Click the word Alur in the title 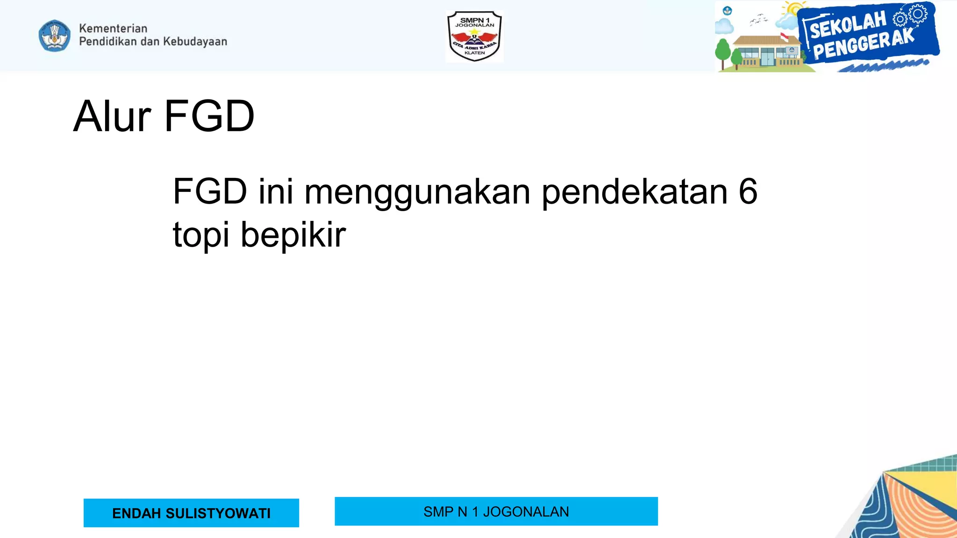click(x=112, y=116)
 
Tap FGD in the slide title click(x=209, y=116)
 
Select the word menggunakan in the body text click(x=417, y=192)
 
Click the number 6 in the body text click(x=748, y=191)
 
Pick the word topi click(x=201, y=235)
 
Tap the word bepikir click(x=293, y=235)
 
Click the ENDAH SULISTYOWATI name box click(x=191, y=513)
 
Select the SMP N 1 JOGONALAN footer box click(x=496, y=511)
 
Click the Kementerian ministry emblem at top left click(x=55, y=35)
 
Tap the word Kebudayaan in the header click(x=195, y=42)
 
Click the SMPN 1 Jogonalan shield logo click(x=474, y=36)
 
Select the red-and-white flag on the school click(x=784, y=37)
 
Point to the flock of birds click(x=758, y=20)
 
